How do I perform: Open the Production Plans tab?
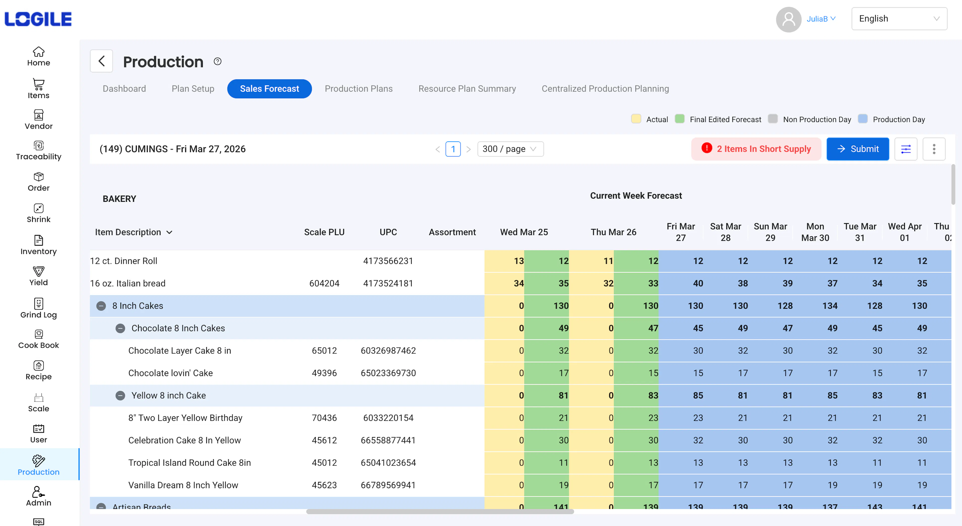(x=358, y=89)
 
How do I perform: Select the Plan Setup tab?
(x=193, y=89)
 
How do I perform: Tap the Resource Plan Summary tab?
(x=467, y=89)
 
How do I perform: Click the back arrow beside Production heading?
(x=101, y=61)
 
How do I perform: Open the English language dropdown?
(x=899, y=19)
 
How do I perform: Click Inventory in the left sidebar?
(x=39, y=245)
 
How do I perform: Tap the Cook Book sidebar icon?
(x=39, y=339)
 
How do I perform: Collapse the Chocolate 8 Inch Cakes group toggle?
(x=120, y=328)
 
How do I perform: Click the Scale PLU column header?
(x=324, y=232)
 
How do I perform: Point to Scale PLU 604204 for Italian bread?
(x=324, y=283)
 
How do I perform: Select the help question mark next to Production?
(x=217, y=61)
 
